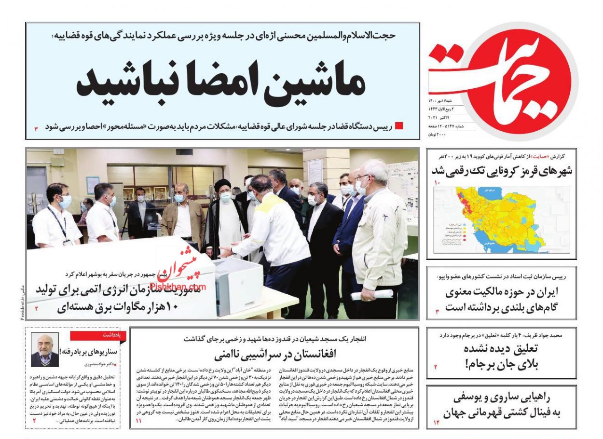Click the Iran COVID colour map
[x=502, y=219]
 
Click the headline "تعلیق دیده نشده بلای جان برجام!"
[x=501, y=357]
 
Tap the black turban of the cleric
[x=223, y=185]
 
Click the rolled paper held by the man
[x=372, y=294]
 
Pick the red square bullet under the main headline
[x=399, y=126]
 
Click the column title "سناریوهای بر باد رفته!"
[x=94, y=352]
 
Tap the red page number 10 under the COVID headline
[x=438, y=183]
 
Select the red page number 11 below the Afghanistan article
[x=139, y=421]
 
